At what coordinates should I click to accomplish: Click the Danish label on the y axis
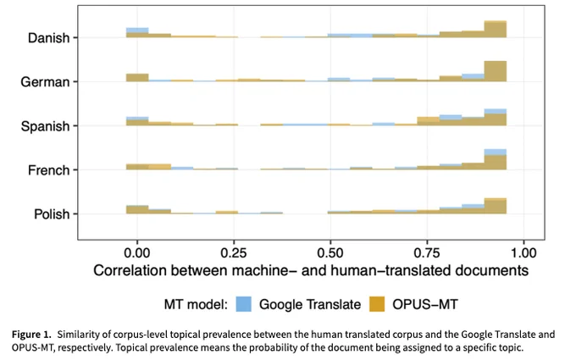click(x=48, y=38)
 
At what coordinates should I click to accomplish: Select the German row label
click(x=45, y=82)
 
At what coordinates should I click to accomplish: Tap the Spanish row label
click(x=45, y=126)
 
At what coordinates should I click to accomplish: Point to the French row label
click(x=48, y=170)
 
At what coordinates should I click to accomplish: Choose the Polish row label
click(x=52, y=214)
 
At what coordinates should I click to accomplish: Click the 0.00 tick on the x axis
click(x=137, y=252)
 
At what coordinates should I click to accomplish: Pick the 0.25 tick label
click(x=234, y=252)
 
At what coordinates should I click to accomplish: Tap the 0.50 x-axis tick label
click(x=330, y=252)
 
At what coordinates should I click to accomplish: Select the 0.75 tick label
click(x=427, y=252)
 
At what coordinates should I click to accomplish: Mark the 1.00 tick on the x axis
click(x=523, y=252)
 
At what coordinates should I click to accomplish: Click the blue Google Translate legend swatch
click(x=244, y=304)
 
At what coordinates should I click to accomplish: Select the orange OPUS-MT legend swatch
click(x=377, y=304)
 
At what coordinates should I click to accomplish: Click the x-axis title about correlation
click(x=311, y=270)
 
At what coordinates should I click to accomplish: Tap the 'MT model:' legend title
click(x=196, y=305)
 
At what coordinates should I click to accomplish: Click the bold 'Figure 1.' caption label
click(x=31, y=335)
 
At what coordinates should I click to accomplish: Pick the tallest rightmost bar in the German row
click(x=496, y=71)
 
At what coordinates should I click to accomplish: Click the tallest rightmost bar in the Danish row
click(x=496, y=30)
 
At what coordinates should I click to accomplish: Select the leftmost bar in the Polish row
click(x=137, y=209)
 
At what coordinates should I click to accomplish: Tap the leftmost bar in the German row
click(x=137, y=78)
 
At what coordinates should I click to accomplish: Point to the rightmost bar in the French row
click(x=496, y=159)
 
